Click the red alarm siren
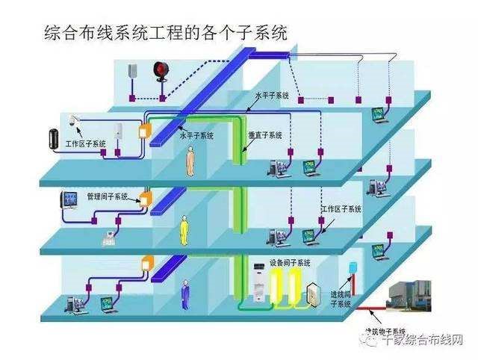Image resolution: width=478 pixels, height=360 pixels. pos(159,71)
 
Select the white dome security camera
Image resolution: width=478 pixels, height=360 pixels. pos(74,120)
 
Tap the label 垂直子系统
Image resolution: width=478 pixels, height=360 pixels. pos(264,136)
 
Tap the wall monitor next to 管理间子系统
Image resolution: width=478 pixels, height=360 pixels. pos(70,199)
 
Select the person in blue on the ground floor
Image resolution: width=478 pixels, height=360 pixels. pos(184,294)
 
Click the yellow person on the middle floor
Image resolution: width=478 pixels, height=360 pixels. pos(184,229)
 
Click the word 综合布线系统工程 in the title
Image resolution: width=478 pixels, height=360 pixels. pos(98,34)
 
